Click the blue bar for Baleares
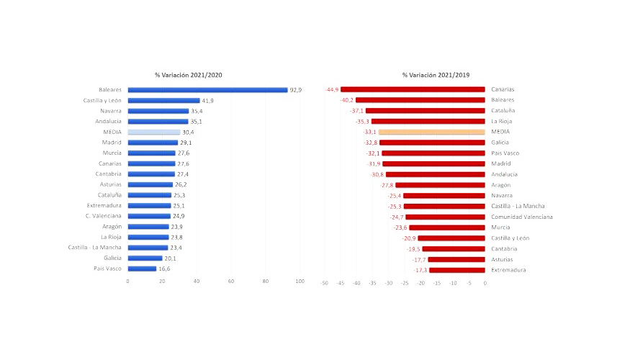pos(207,90)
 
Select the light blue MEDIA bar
pos(153,132)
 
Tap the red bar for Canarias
pos(413,90)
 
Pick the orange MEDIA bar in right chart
pos(431,132)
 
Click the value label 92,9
pos(295,90)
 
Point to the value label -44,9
pos(332,90)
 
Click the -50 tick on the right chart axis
pos(324,283)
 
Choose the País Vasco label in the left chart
pos(108,269)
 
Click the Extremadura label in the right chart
pos(508,270)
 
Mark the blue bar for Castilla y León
pos(163,101)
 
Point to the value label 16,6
pos(164,269)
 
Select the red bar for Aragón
pos(440,185)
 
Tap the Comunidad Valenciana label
pos(522,217)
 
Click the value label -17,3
pos(420,270)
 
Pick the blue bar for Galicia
pos(145,258)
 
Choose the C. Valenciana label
pos(104,216)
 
